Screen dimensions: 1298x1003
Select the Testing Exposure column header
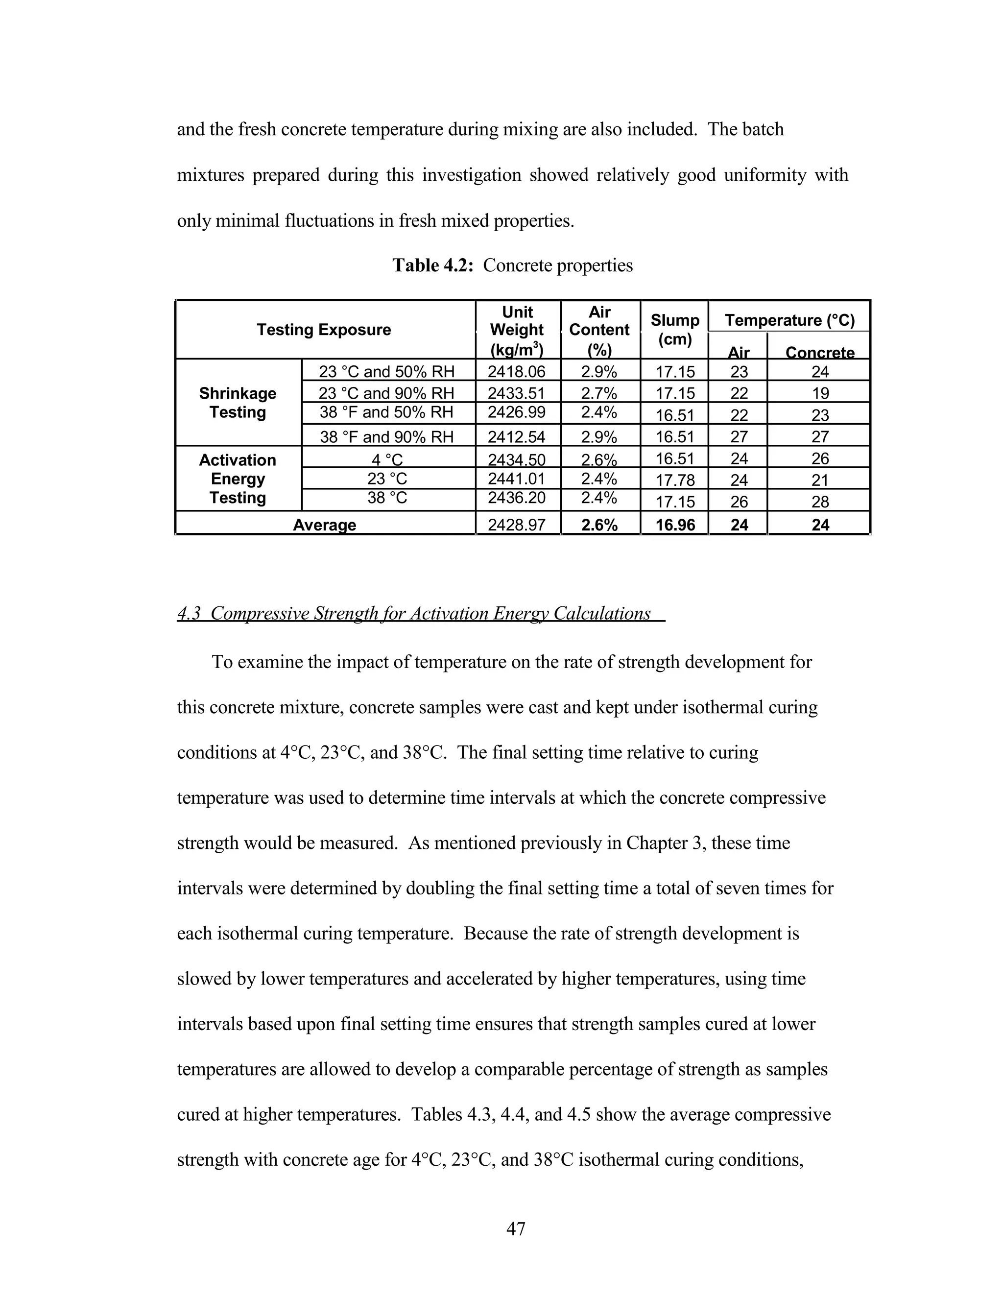324,330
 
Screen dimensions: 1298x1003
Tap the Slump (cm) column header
674,330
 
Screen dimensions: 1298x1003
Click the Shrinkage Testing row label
238,403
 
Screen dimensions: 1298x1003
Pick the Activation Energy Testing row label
238,479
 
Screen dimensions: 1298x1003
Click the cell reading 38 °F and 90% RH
387,437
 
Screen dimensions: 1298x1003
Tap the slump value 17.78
674,480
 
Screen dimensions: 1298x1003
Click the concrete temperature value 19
820,393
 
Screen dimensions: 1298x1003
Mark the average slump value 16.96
675,525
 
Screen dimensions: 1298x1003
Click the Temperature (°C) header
789,320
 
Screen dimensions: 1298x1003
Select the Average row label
324,525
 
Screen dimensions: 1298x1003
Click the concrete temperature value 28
820,502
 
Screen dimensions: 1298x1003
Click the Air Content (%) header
599,330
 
